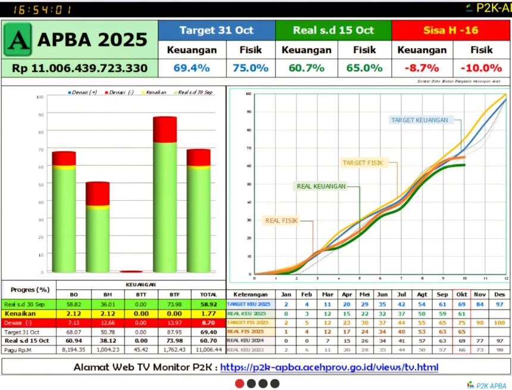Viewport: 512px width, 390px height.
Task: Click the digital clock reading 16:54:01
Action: coord(40,10)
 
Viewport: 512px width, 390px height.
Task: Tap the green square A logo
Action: coord(18,39)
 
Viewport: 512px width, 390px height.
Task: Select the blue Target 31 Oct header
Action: coord(216,30)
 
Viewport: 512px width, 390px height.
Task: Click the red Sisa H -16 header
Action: coord(451,30)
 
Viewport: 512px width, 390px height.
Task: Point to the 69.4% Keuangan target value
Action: coord(192,68)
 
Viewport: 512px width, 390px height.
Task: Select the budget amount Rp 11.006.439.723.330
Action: coord(80,68)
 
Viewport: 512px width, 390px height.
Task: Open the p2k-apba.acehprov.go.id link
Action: coord(329,367)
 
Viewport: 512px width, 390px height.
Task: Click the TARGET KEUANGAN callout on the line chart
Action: coord(419,120)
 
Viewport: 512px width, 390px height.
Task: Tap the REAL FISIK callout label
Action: coord(282,220)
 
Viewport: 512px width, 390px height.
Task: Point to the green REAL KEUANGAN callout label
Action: coord(321,186)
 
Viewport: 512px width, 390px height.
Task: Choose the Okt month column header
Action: coord(461,294)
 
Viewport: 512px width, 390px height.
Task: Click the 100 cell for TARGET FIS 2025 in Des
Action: coord(499,322)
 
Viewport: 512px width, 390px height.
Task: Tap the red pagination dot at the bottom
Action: coord(239,383)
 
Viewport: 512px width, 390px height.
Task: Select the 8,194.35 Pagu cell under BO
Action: coord(75,350)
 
